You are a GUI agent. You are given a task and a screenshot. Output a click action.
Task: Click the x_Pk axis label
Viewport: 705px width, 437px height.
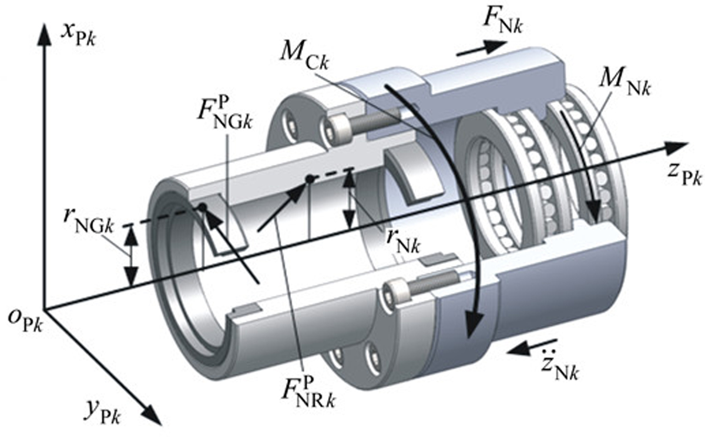[78, 35]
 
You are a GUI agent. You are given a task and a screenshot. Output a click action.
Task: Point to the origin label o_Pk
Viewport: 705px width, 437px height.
[25, 321]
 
